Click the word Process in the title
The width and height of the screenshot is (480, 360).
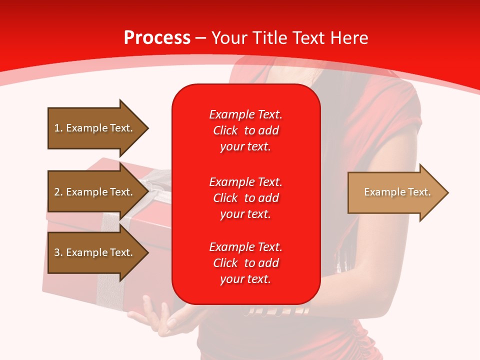(157, 38)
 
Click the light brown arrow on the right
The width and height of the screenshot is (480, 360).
(395, 192)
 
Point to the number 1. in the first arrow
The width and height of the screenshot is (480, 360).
(58, 128)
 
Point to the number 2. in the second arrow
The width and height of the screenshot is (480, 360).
(58, 192)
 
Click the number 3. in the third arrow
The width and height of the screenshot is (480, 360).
(58, 252)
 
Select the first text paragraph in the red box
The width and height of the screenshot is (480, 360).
(245, 130)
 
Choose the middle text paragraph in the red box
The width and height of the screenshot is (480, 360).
(245, 198)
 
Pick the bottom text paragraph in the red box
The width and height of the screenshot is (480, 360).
(245, 263)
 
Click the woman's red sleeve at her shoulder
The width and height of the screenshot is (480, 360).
(400, 110)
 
